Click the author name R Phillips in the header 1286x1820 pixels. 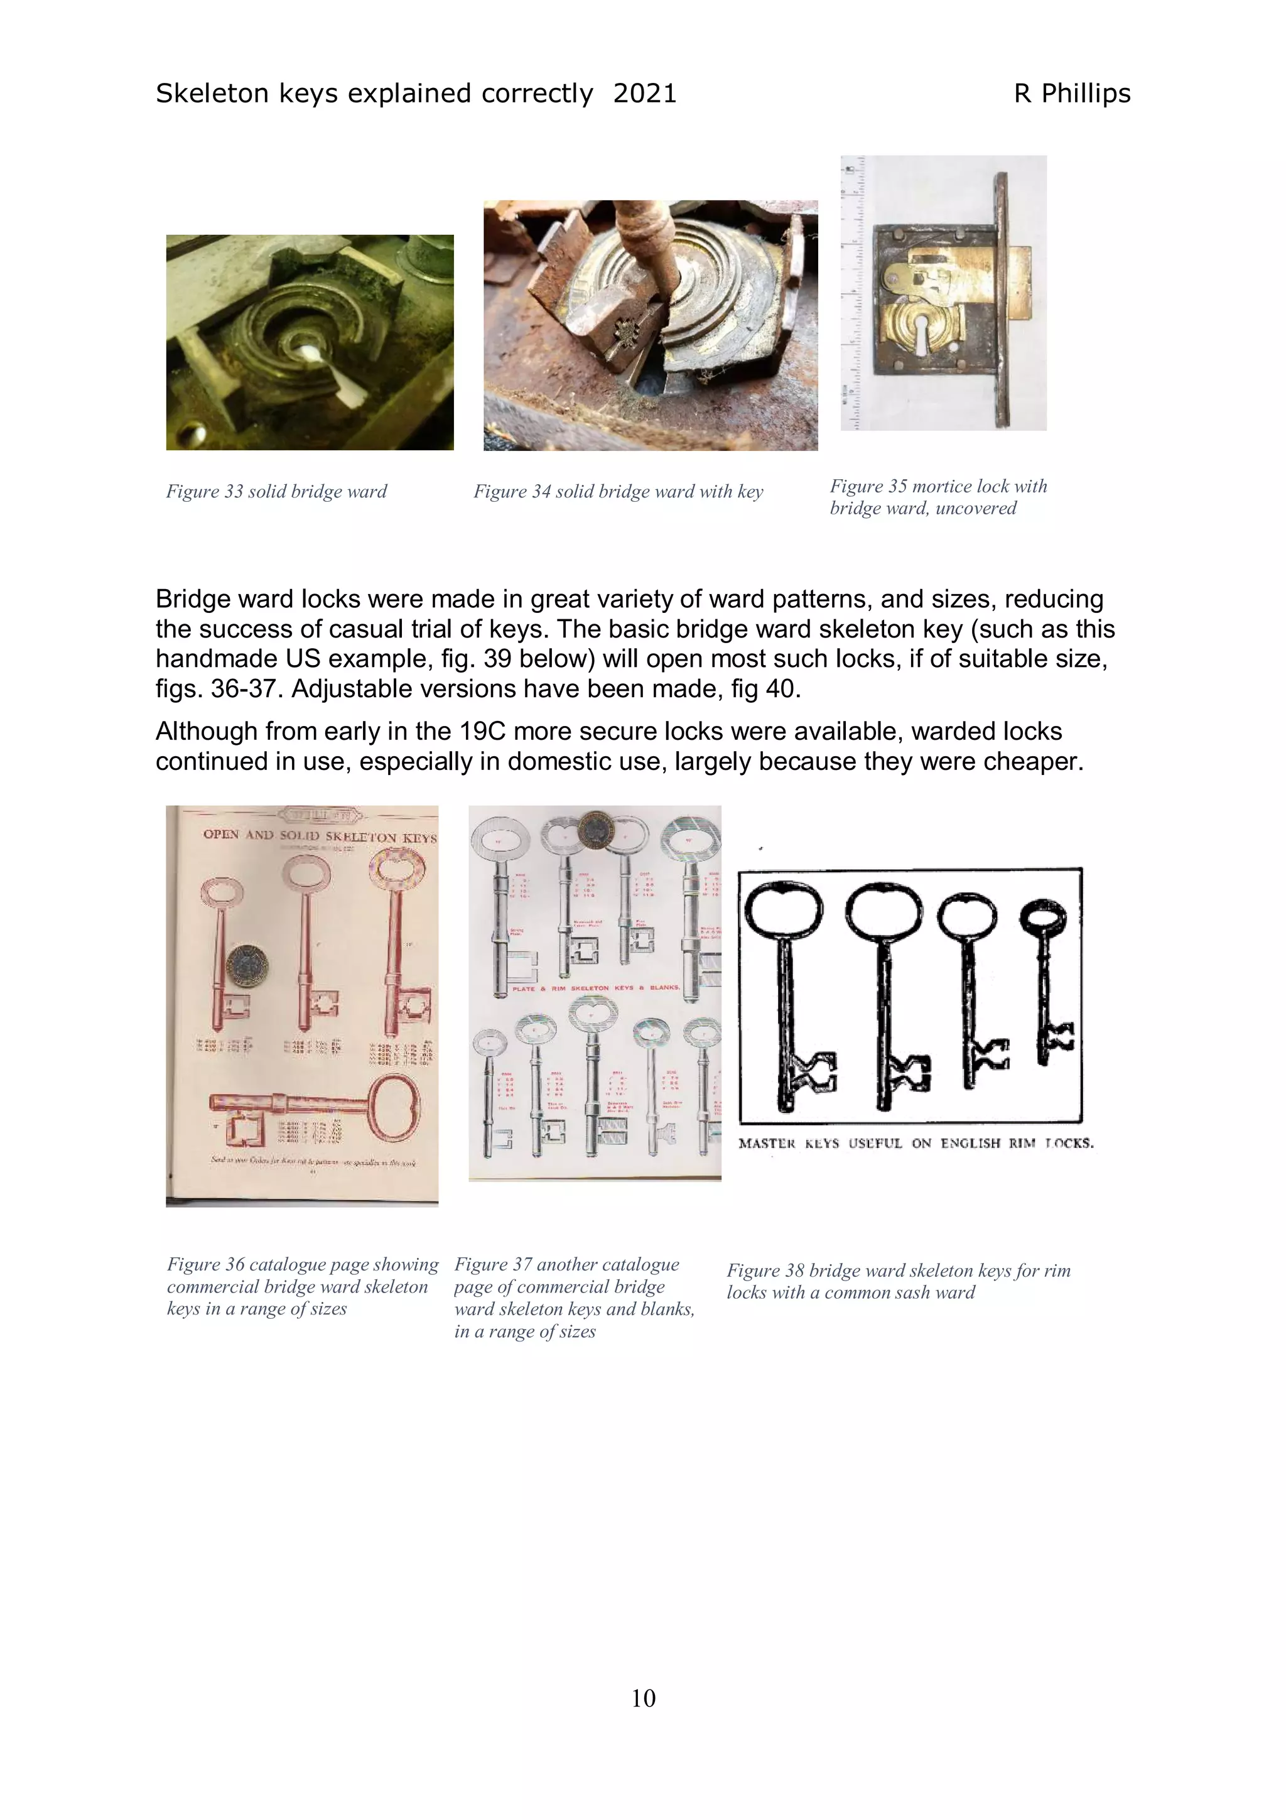click(x=1071, y=94)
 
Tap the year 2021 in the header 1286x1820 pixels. click(x=644, y=94)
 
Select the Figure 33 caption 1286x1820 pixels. click(x=276, y=492)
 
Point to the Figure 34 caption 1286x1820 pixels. click(x=618, y=492)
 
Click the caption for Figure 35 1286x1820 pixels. click(x=938, y=497)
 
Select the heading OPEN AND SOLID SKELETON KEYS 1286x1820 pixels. click(x=320, y=835)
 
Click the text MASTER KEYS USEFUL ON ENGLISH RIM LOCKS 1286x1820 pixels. click(x=915, y=1143)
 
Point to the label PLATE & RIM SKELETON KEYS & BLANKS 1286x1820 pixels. click(x=596, y=989)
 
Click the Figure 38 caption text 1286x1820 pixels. click(x=898, y=1281)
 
